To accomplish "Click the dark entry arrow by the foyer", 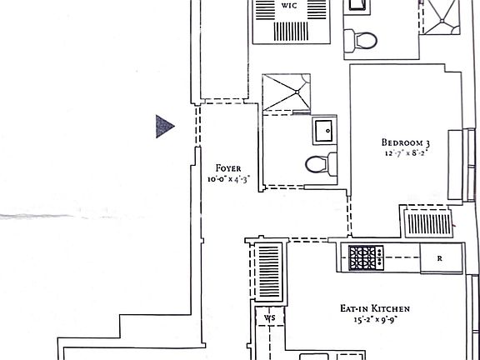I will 164,126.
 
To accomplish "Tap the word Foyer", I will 228,167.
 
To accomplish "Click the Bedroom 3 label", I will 404,141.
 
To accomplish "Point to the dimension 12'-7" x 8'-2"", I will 404,153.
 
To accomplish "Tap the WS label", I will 268,318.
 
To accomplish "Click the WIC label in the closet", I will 289,5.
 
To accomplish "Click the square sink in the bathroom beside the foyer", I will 324,131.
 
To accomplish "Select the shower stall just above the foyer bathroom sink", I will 286,92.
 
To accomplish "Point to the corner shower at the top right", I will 441,17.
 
